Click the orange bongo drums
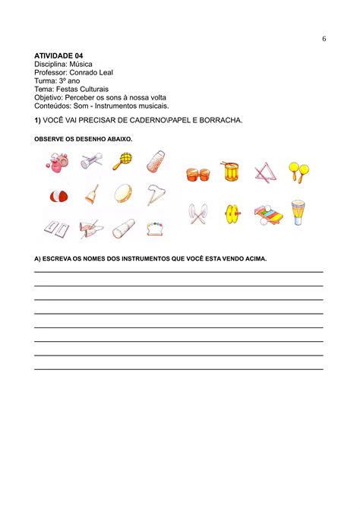pos(197,174)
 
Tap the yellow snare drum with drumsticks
pos(230,171)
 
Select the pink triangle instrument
pos(265,172)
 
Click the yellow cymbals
pos(232,215)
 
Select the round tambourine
pos(123,194)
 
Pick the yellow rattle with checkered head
pos(122,160)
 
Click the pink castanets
pos(56,161)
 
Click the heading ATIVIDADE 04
pos(58,56)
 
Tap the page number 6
pos(324,39)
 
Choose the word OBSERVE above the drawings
pos(49,140)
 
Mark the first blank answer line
pos(178,271)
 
